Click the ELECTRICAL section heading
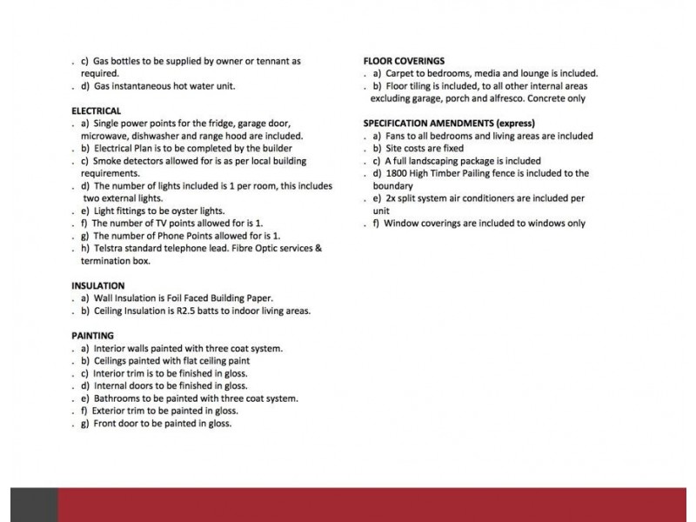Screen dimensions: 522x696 coord(96,110)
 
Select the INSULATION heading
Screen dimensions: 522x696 coord(97,285)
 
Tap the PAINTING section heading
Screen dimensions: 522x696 coord(92,335)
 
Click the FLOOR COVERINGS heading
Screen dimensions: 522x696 coord(404,61)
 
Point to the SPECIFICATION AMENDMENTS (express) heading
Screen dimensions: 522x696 coord(448,123)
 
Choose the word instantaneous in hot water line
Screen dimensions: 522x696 coord(141,86)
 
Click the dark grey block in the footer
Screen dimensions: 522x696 coord(34,505)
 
